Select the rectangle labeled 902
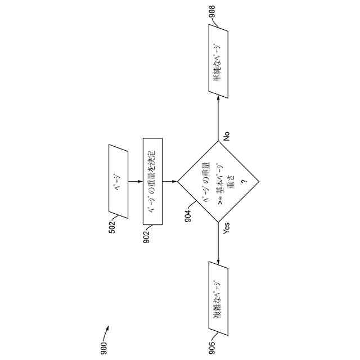tap(152, 181)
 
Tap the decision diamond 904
tap(218, 182)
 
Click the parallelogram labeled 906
tap(218, 298)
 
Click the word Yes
tap(226, 228)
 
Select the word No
tap(227, 136)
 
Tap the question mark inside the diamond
tap(244, 182)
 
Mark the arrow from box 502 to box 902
tap(135, 182)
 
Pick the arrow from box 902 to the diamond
tap(170, 182)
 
